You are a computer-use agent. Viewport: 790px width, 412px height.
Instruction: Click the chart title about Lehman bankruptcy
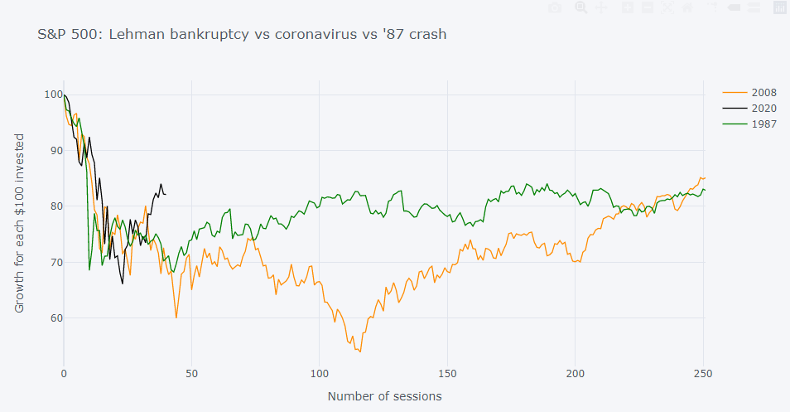click(243, 35)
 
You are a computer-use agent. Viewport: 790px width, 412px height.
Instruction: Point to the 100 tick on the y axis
click(54, 95)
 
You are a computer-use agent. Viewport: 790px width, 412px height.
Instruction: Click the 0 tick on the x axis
click(64, 373)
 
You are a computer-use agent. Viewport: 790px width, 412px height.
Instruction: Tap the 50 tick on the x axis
click(191, 373)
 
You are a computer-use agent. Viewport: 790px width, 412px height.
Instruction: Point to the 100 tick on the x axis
click(320, 373)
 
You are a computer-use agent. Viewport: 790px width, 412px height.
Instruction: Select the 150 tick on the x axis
click(448, 373)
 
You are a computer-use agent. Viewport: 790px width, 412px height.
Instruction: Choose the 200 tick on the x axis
click(576, 373)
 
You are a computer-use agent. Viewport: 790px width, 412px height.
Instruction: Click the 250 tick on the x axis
click(703, 373)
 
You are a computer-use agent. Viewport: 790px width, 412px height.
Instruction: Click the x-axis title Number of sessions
click(384, 396)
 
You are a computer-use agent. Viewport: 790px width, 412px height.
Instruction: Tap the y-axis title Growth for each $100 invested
click(20, 223)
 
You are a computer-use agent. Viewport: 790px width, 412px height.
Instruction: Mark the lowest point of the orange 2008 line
click(359, 351)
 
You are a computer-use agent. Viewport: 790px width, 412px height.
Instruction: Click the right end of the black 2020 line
click(166, 194)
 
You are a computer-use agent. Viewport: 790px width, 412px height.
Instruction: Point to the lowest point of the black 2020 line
click(123, 284)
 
